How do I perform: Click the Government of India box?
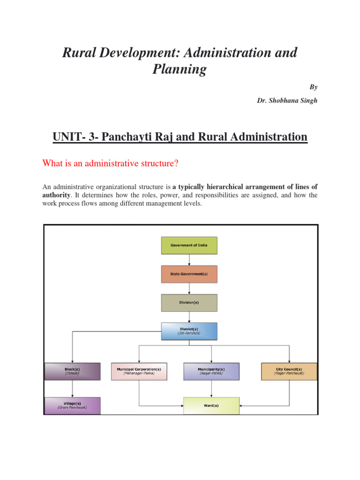[x=189, y=246]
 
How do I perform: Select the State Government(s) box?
[x=189, y=274]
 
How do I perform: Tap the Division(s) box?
[x=189, y=303]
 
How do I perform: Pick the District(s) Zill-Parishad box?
[x=189, y=331]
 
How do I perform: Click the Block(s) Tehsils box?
[x=72, y=371]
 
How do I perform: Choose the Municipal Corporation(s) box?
[x=139, y=371]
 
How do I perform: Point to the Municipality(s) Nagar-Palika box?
[x=211, y=371]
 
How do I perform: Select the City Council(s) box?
[x=289, y=371]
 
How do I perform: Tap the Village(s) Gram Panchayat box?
[x=72, y=406]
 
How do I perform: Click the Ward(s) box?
[x=211, y=406]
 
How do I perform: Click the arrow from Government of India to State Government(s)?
[x=189, y=260]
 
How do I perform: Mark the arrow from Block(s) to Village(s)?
[x=72, y=389]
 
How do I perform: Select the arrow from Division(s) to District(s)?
[x=189, y=317]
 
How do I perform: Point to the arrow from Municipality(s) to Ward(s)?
[x=211, y=389]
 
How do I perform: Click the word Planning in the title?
[x=180, y=70]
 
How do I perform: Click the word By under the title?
[x=313, y=87]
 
